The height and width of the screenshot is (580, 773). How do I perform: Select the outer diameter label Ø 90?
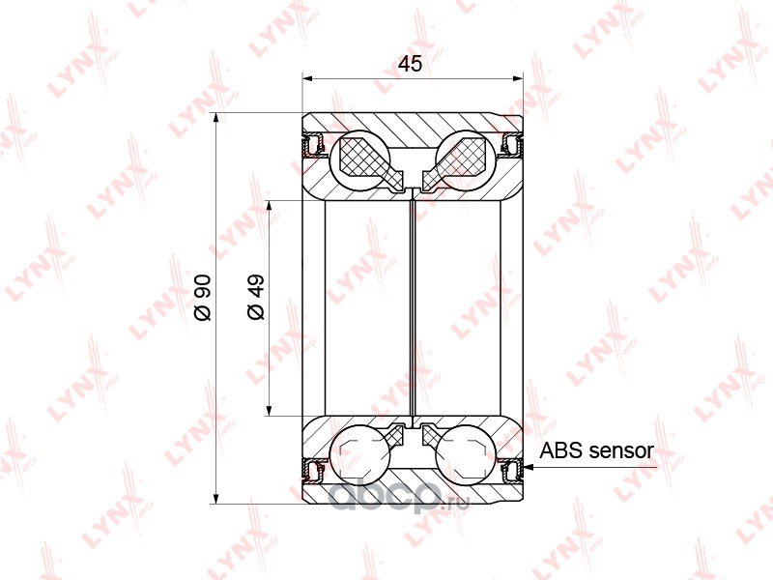(203, 298)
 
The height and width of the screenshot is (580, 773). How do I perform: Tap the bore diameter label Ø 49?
(256, 297)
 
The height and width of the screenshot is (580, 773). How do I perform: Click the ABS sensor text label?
(596, 450)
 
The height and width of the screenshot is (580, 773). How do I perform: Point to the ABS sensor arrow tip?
(525, 467)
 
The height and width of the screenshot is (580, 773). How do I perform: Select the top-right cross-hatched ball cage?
(454, 161)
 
